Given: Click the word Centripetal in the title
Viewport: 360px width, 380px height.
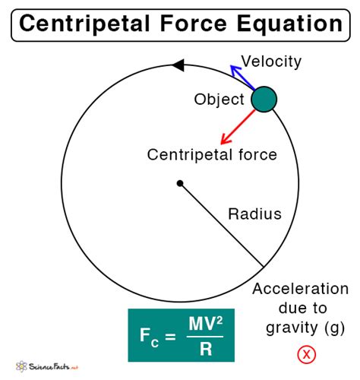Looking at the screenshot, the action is click(84, 24).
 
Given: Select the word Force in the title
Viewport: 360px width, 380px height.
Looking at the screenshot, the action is click(194, 24).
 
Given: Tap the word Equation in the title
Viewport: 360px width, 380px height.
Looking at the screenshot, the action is click(289, 24).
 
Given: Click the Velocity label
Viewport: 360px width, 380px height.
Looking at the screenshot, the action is click(271, 62).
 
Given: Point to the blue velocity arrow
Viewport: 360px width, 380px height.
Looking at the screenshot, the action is click(243, 78).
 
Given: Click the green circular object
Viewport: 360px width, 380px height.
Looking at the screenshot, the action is click(264, 100).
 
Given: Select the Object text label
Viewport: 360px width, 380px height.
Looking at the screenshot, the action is click(219, 99).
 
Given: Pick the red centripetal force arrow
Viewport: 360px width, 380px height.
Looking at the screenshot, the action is click(238, 127).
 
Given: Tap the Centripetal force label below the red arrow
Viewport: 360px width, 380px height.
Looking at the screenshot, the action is click(212, 154).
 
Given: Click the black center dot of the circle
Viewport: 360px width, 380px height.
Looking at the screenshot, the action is click(180, 183).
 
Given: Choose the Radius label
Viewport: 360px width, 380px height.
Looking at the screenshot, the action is click(254, 214).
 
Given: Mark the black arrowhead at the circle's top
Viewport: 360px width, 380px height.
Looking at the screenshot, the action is click(178, 65).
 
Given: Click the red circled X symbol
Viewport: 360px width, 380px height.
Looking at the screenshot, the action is click(307, 354).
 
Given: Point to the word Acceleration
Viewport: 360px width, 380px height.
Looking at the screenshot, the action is click(300, 289).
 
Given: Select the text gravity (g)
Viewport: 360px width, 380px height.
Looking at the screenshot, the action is click(305, 328).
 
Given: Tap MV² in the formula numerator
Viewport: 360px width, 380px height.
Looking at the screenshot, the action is click(206, 324).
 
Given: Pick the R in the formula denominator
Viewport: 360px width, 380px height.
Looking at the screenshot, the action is click(206, 349).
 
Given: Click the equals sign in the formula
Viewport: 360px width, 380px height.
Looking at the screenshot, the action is click(170, 337).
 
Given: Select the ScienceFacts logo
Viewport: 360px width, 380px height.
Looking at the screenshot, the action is click(47, 366).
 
